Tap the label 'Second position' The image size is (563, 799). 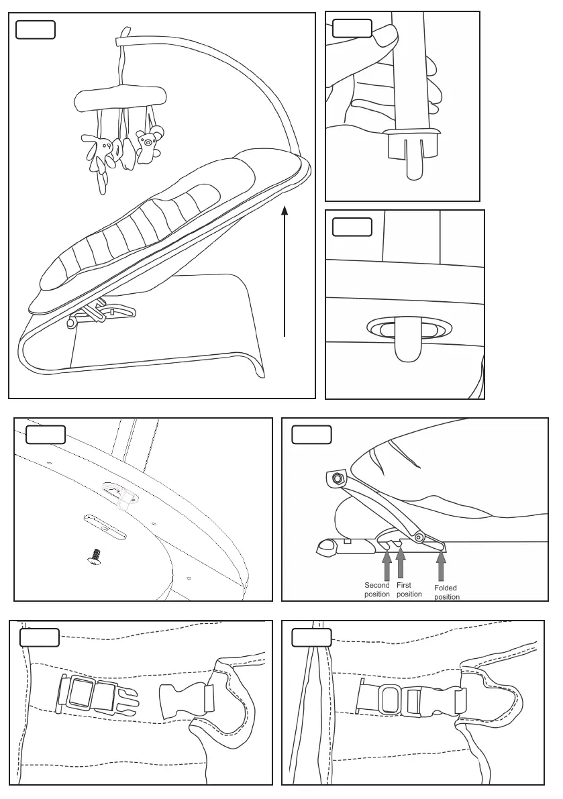click(x=376, y=590)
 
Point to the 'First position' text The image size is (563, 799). click(x=409, y=590)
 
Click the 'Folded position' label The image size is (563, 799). click(x=446, y=592)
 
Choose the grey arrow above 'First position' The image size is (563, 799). click(x=401, y=564)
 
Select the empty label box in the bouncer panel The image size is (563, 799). click(x=35, y=30)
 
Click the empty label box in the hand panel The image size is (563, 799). click(x=352, y=28)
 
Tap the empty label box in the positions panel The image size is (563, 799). click(x=311, y=435)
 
